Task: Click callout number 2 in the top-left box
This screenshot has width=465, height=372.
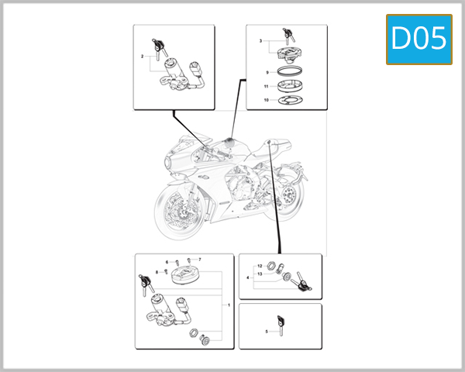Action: (x=143, y=57)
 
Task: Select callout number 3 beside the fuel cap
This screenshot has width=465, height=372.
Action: (x=261, y=39)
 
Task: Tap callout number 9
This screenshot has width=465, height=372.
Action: (x=266, y=72)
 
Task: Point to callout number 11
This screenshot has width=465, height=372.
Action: (x=266, y=86)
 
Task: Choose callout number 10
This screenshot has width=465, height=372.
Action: (x=266, y=100)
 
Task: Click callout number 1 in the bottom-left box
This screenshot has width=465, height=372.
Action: (x=229, y=305)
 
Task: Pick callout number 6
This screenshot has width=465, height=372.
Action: (x=166, y=262)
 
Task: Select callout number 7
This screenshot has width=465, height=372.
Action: (x=199, y=259)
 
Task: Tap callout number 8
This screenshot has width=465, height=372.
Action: (x=157, y=272)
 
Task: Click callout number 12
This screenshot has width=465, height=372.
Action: (x=260, y=266)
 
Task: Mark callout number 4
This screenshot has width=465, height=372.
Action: (x=248, y=277)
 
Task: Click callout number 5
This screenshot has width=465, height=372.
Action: (x=265, y=331)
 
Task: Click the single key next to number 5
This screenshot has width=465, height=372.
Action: (x=281, y=324)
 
